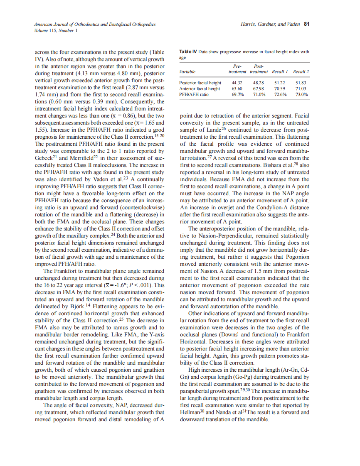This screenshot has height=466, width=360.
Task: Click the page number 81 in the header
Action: pyautogui.click(x=306, y=24)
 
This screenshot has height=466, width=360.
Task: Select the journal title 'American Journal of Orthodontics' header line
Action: pyautogui.click(x=95, y=24)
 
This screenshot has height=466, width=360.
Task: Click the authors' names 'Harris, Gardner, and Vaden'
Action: pyautogui.click(x=270, y=24)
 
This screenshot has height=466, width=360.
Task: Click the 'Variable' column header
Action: pyautogui.click(x=187, y=72)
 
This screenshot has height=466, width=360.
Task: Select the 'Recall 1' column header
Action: pyautogui.click(x=280, y=72)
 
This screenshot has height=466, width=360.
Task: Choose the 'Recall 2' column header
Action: pyautogui.click(x=301, y=72)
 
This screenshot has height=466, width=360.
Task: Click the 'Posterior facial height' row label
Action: pyautogui.click(x=200, y=83)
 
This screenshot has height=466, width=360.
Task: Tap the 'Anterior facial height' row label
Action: pyautogui.click(x=200, y=88)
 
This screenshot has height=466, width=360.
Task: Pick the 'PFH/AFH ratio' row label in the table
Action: pyautogui.click(x=194, y=94)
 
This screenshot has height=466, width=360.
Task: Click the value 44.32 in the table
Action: pyautogui.click(x=237, y=83)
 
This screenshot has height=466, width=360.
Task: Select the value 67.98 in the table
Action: pyautogui.click(x=259, y=88)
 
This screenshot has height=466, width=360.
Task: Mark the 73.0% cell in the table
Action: pyautogui.click(x=301, y=94)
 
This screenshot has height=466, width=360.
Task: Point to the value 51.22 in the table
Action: pyautogui.click(x=280, y=83)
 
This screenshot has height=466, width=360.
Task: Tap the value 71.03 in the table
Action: pyautogui.click(x=301, y=88)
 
